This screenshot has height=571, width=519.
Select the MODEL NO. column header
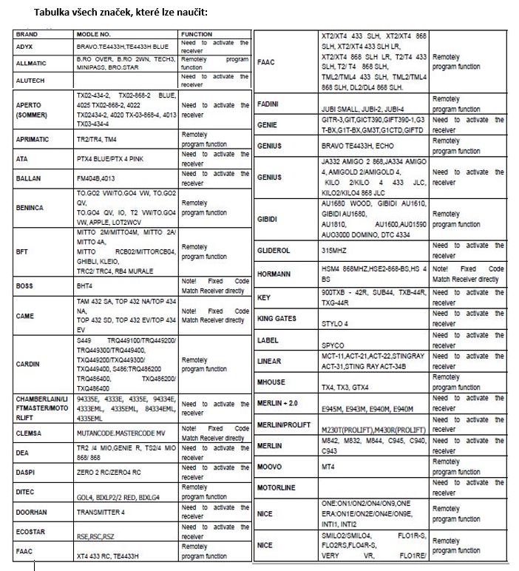coord(93,35)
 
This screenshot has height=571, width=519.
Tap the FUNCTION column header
coord(197,35)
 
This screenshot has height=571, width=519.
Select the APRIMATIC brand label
coord(35,138)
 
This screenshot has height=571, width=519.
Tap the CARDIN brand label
coord(29,364)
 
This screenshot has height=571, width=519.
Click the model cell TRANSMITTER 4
coord(102,512)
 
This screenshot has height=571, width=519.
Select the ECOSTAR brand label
coord(31,532)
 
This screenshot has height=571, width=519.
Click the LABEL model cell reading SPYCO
coord(333,345)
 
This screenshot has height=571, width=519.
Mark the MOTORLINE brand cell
coord(276,488)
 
